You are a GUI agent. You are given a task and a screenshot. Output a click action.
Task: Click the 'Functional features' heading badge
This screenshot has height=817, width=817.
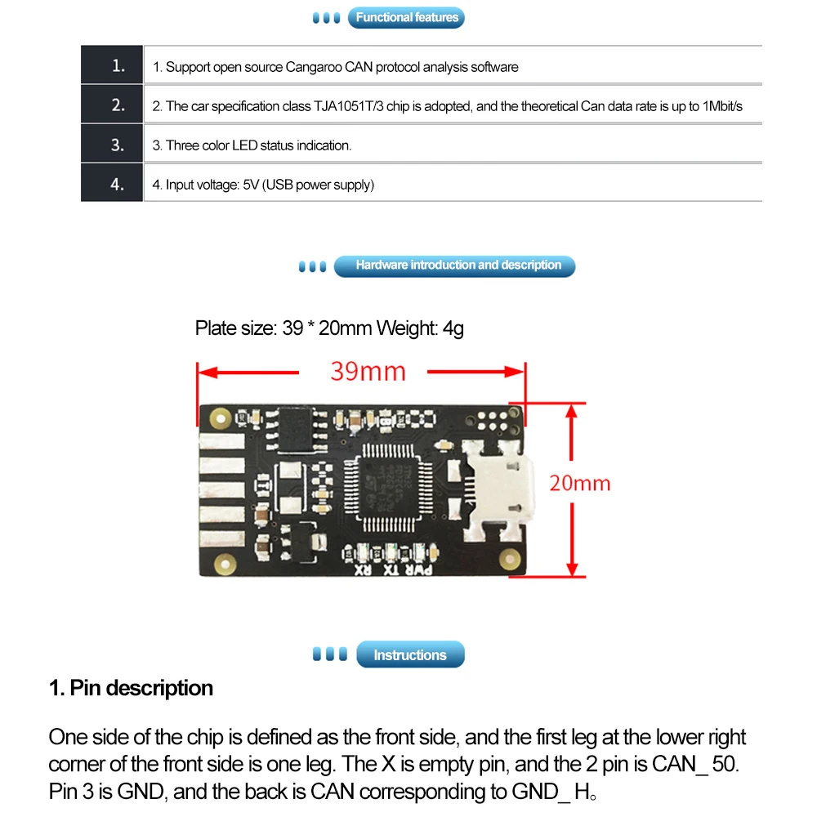[x=407, y=17]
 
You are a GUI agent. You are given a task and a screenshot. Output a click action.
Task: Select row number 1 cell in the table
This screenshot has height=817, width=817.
[x=118, y=66]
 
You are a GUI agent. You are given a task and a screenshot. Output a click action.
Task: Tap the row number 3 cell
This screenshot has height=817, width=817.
[x=118, y=145]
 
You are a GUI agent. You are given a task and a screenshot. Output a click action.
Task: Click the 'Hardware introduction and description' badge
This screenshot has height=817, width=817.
[x=458, y=266]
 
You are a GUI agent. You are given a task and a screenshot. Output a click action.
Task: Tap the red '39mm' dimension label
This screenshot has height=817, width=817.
[x=368, y=372]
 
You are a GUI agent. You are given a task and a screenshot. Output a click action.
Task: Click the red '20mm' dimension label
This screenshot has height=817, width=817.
[x=579, y=483]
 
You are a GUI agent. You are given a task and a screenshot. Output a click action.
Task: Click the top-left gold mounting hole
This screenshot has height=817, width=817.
[x=218, y=419]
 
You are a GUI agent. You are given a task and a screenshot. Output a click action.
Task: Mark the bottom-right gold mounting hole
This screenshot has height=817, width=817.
[x=512, y=559]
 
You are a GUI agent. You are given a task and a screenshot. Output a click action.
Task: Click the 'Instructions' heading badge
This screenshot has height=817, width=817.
[x=409, y=655]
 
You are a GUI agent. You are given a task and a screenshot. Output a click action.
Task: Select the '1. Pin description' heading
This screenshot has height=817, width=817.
[x=132, y=688]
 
